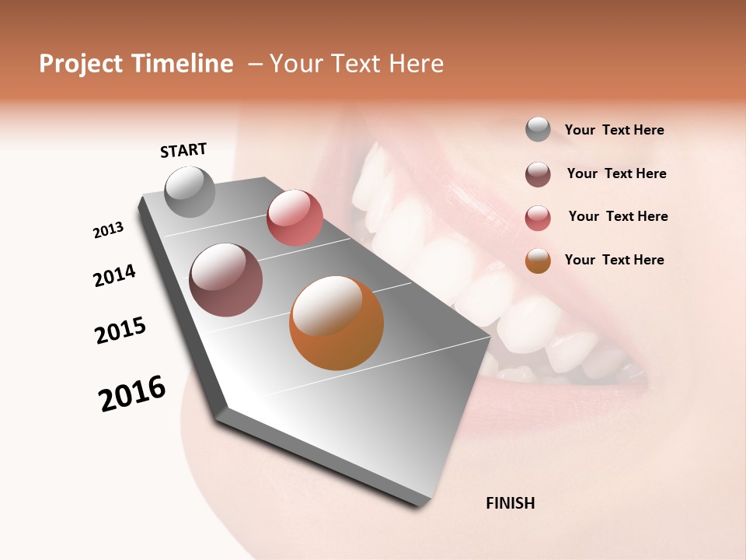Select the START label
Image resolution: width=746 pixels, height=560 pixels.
[183, 150]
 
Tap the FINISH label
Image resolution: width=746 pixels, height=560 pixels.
[510, 503]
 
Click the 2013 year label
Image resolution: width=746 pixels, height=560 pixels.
[108, 230]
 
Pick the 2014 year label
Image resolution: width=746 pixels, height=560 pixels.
[114, 275]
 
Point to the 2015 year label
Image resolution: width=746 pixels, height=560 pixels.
[120, 331]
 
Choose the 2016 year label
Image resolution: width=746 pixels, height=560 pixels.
[132, 394]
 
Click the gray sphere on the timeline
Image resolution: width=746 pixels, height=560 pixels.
[190, 191]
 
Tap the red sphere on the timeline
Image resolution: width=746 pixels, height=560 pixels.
[295, 217]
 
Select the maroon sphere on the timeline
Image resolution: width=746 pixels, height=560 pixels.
[226, 280]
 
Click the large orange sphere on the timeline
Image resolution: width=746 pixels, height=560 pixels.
[336, 323]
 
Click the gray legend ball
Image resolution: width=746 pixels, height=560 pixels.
[538, 129]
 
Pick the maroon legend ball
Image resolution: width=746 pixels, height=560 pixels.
[538, 174]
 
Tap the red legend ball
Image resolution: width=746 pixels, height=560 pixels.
[538, 218]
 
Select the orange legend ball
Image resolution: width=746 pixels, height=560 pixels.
[538, 261]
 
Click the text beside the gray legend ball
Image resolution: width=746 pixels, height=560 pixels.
[614, 131]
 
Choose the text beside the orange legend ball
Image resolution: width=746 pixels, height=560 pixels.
[614, 260]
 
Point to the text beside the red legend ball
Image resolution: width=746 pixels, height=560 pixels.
[618, 216]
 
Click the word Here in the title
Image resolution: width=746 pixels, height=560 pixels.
[416, 64]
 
